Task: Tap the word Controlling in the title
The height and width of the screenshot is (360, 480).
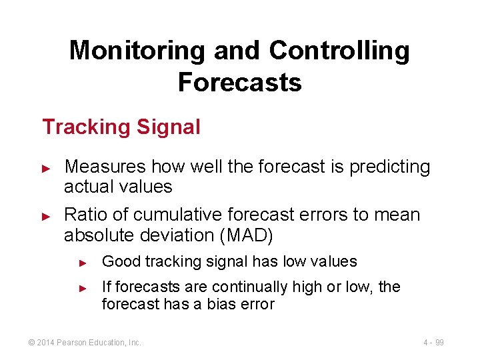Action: [x=339, y=51]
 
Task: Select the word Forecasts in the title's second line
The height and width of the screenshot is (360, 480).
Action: [x=239, y=83]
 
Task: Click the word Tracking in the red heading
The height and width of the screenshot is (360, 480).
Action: [x=85, y=127]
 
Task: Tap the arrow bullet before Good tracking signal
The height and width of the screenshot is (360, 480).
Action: [x=83, y=263]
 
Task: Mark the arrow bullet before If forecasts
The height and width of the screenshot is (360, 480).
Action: [x=83, y=288]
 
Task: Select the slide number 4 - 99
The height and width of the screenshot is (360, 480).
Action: [x=433, y=343]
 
